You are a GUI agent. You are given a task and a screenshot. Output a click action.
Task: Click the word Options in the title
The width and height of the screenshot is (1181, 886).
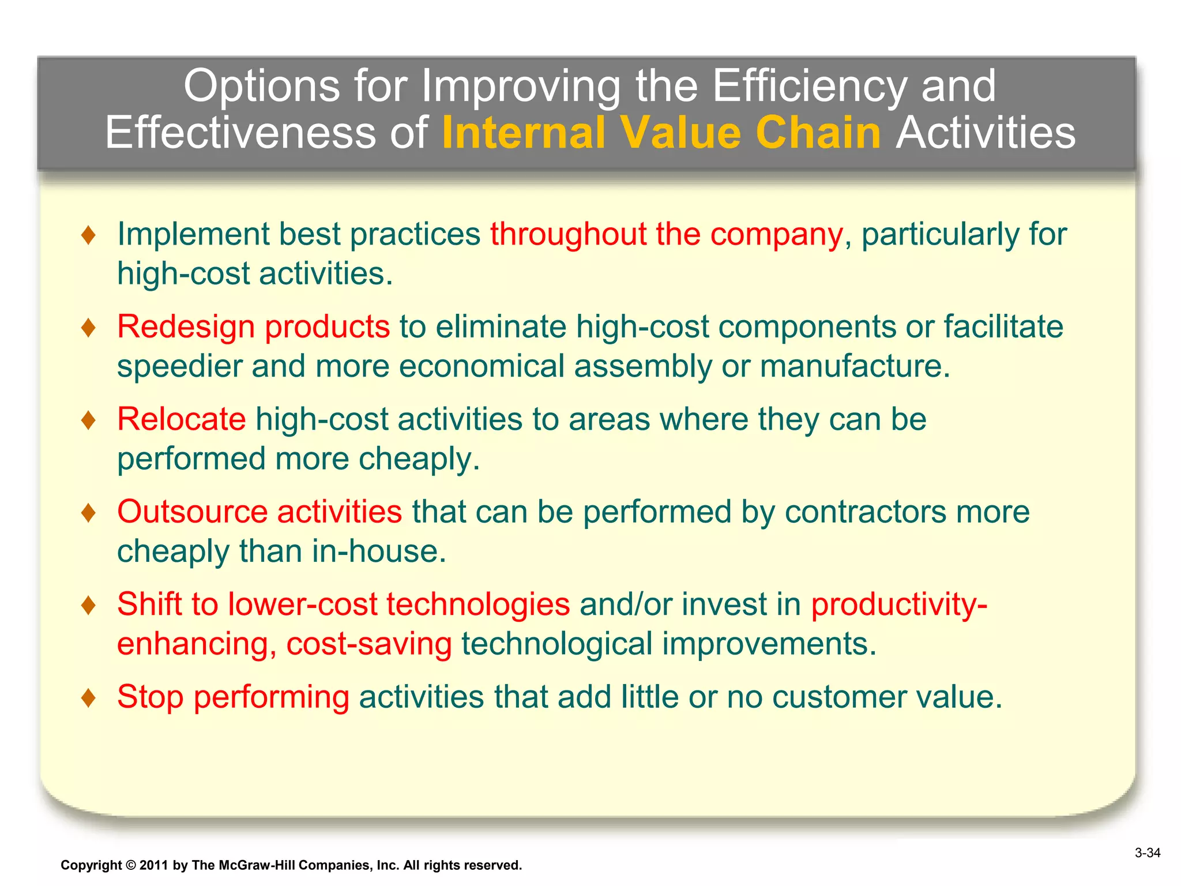(x=262, y=87)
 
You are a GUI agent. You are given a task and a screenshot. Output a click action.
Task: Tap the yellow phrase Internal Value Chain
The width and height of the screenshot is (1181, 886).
(x=661, y=133)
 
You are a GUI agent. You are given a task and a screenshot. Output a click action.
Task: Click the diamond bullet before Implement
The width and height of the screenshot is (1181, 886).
(x=88, y=235)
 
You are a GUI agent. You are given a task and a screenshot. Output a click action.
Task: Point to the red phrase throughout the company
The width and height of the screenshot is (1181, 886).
(x=667, y=234)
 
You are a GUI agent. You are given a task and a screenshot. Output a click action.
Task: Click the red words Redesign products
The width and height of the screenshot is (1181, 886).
(x=253, y=326)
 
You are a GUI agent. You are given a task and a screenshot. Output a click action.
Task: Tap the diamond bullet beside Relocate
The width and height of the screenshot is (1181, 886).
(x=88, y=419)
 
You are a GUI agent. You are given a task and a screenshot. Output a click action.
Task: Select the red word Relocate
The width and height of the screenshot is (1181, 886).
(x=181, y=419)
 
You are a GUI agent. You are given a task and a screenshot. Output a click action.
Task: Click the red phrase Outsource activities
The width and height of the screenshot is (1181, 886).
(x=259, y=512)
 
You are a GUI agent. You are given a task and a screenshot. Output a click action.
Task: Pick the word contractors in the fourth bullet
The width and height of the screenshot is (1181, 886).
(x=865, y=512)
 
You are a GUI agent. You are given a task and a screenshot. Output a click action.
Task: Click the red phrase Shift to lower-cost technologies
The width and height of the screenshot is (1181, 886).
(x=343, y=605)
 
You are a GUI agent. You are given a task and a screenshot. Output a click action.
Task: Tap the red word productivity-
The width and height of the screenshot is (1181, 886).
(x=898, y=605)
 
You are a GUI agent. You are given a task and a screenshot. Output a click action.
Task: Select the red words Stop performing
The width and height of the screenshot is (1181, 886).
(x=233, y=697)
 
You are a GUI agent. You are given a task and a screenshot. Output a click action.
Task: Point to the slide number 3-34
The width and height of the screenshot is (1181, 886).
(x=1147, y=853)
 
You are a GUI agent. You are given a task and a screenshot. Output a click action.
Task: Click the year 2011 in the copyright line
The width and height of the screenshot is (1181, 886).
(x=153, y=865)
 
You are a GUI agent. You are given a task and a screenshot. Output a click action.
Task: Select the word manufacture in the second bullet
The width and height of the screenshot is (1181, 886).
(x=853, y=367)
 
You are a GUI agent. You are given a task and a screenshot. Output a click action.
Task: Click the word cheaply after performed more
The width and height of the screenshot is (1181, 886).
(x=418, y=459)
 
